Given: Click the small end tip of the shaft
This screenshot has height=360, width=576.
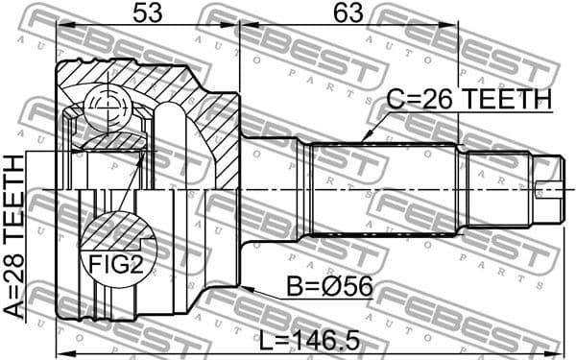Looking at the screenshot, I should pyautogui.click(x=548, y=188).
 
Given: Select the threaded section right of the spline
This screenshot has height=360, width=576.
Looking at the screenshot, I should pyautogui.click(x=497, y=188).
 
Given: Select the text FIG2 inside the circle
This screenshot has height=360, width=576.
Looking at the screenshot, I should pyautogui.click(x=115, y=263).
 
